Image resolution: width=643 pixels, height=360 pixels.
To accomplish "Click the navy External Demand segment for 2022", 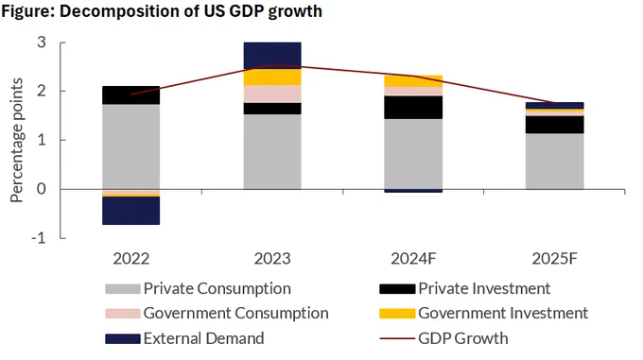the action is point(130,211).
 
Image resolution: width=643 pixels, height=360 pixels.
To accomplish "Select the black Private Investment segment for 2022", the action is point(130,95).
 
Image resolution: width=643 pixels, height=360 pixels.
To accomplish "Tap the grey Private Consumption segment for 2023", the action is point(272,151).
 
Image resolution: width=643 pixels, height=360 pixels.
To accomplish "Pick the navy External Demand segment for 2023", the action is point(272,56).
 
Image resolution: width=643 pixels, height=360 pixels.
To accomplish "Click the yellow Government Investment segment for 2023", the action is point(272,77).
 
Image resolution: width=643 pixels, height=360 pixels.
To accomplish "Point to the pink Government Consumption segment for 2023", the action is point(272,94).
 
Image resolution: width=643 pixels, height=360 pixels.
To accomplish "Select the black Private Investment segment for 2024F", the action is point(413,108).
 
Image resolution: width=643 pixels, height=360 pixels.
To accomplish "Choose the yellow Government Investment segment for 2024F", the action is point(413,81).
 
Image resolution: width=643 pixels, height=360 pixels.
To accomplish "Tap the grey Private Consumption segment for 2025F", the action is point(555,162).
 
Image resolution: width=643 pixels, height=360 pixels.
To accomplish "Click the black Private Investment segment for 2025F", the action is point(555,125).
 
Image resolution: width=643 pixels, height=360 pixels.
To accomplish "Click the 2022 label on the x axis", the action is point(131,259).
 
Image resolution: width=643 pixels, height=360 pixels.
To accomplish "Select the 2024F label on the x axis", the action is point(413,259).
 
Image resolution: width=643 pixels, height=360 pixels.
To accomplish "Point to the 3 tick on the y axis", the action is point(42,43).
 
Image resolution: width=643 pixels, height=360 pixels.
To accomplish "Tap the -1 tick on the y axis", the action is point(39,238).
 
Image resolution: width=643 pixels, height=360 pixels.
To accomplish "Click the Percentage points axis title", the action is point(16,140).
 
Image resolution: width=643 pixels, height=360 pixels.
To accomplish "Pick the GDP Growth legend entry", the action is point(444,338).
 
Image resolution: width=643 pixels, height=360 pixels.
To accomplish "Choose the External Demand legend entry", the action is point(184,338).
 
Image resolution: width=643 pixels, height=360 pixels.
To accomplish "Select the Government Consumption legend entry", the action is point(217,314).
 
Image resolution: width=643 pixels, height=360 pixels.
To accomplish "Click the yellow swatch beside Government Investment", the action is point(397,314).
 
